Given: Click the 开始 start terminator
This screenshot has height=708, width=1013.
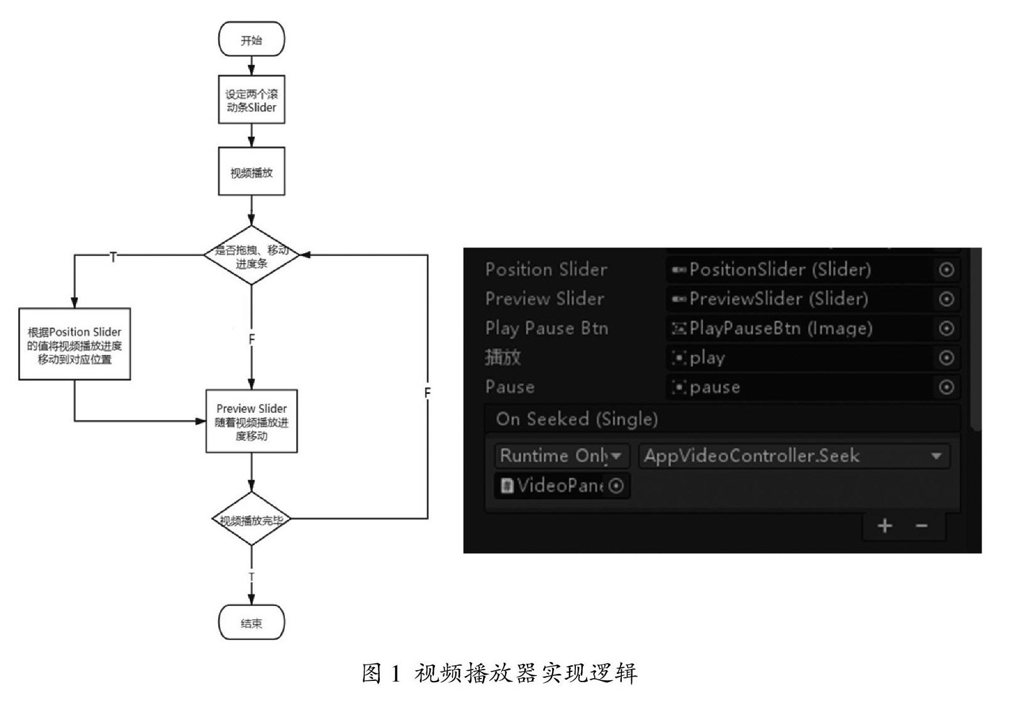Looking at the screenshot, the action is tap(252, 40).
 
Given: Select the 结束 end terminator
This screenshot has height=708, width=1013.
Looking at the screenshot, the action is tap(252, 622).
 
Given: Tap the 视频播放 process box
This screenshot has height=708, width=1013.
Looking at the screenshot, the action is tap(252, 172).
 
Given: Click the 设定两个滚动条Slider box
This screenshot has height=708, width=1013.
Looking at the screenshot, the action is tap(252, 99).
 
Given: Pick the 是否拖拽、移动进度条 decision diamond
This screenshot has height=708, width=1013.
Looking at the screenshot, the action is tap(252, 256).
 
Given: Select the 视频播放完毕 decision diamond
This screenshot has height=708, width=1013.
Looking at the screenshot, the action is tap(252, 519).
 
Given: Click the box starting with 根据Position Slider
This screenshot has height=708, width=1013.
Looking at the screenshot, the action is tap(75, 344).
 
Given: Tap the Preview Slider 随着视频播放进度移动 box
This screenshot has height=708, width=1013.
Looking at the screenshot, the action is tap(252, 421).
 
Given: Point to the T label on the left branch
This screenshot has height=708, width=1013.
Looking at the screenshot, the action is tap(113, 257).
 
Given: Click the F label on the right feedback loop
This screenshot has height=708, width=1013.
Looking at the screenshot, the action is tap(428, 393).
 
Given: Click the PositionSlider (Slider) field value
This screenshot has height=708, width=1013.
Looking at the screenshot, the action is tap(780, 270).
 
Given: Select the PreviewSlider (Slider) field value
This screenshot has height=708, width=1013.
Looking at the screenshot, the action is tap(778, 299).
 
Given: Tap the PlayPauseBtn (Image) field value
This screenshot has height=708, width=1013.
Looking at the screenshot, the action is tap(780, 328).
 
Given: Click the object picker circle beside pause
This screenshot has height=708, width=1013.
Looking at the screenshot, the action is tap(946, 387).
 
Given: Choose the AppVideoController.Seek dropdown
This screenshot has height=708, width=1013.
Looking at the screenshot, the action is tap(794, 456).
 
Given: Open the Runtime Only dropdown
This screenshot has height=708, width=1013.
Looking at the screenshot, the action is tap(562, 456).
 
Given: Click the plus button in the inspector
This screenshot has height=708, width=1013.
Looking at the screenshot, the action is tap(885, 525).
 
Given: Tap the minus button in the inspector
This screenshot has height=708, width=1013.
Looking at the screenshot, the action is tap(922, 525).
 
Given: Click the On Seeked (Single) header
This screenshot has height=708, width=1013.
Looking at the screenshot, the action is tap(577, 419).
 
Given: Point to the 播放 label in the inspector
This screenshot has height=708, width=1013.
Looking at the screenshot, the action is tap(503, 357).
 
